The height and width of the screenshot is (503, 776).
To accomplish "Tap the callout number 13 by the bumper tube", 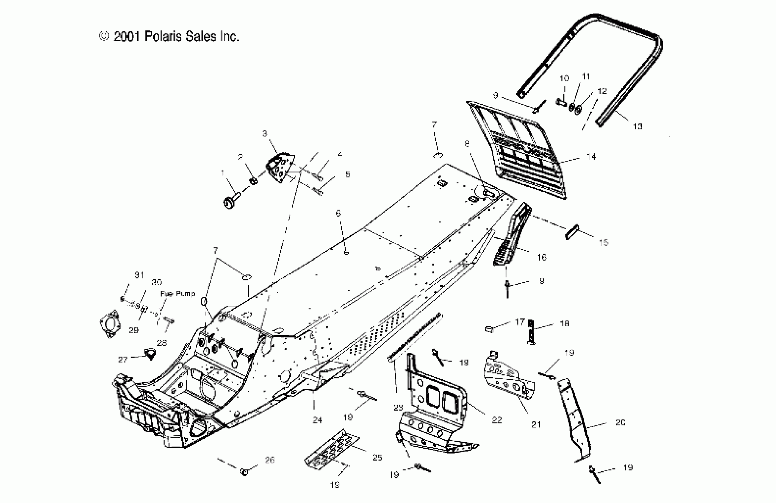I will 637,126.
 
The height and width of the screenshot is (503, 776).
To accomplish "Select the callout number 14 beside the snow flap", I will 591,157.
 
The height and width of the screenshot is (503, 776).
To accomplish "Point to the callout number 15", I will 603,242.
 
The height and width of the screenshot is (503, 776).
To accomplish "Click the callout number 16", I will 541,257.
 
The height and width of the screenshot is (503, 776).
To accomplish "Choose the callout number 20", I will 620,423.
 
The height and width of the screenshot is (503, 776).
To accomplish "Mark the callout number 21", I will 536,425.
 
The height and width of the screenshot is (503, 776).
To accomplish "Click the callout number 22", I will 497,420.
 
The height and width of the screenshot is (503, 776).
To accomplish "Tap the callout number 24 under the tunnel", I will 317,420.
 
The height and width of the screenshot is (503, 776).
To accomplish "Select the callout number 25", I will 377,457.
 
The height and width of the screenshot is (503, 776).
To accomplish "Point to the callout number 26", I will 270,460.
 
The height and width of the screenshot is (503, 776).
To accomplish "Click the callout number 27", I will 123,360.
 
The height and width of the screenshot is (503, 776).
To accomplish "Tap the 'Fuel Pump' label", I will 177,294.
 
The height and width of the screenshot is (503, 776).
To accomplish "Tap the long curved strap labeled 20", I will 575,421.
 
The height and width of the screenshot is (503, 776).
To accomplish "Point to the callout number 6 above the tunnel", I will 338,213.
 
